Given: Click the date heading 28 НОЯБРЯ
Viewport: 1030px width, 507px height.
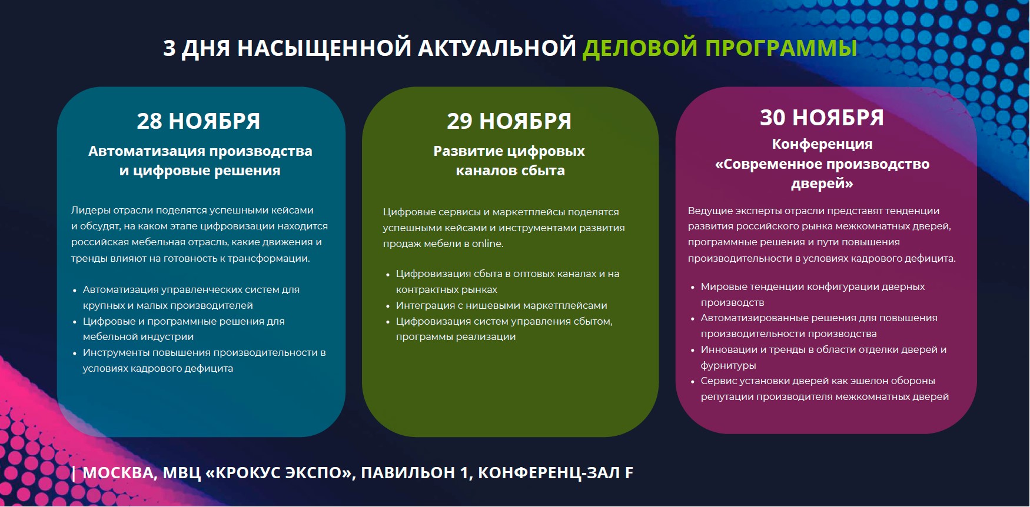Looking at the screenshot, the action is [x=198, y=121].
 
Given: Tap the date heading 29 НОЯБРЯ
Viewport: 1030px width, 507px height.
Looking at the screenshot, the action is [x=509, y=121].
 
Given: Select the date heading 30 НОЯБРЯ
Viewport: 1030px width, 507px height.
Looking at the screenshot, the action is [x=822, y=118].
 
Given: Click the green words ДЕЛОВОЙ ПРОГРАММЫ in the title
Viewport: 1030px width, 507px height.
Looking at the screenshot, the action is [x=719, y=48].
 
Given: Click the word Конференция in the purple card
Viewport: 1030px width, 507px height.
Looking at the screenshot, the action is [x=822, y=144].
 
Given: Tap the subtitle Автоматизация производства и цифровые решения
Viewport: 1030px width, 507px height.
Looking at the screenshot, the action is [x=200, y=161].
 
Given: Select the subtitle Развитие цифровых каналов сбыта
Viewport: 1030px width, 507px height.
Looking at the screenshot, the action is [x=510, y=161].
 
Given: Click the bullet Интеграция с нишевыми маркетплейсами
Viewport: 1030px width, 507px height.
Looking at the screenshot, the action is [x=501, y=305].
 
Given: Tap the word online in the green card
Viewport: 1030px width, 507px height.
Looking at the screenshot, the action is [x=487, y=244].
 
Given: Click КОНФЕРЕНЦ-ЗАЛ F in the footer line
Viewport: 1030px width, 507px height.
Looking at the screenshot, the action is [x=556, y=472].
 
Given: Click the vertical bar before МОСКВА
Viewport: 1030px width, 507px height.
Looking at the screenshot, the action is [x=74, y=473].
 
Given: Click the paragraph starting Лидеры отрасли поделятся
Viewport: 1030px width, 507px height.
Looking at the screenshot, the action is [x=200, y=234].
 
